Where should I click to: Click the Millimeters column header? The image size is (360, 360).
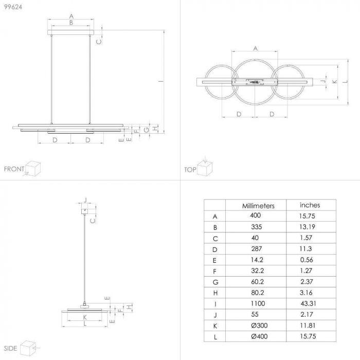click(x=258, y=205)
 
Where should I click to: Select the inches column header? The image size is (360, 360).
click(x=310, y=205)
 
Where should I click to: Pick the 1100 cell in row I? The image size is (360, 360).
click(x=258, y=303)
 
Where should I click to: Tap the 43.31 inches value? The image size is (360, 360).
click(x=310, y=303)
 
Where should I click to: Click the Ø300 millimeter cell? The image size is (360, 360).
click(x=258, y=326)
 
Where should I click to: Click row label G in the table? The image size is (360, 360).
click(x=215, y=282)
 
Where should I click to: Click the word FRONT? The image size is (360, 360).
click(x=14, y=169)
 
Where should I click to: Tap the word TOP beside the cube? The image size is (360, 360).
click(x=190, y=169)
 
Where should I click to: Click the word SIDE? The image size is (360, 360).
click(x=11, y=348)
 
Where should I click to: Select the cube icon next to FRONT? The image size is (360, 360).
click(x=33, y=168)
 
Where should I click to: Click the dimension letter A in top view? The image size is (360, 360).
click(x=255, y=48)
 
